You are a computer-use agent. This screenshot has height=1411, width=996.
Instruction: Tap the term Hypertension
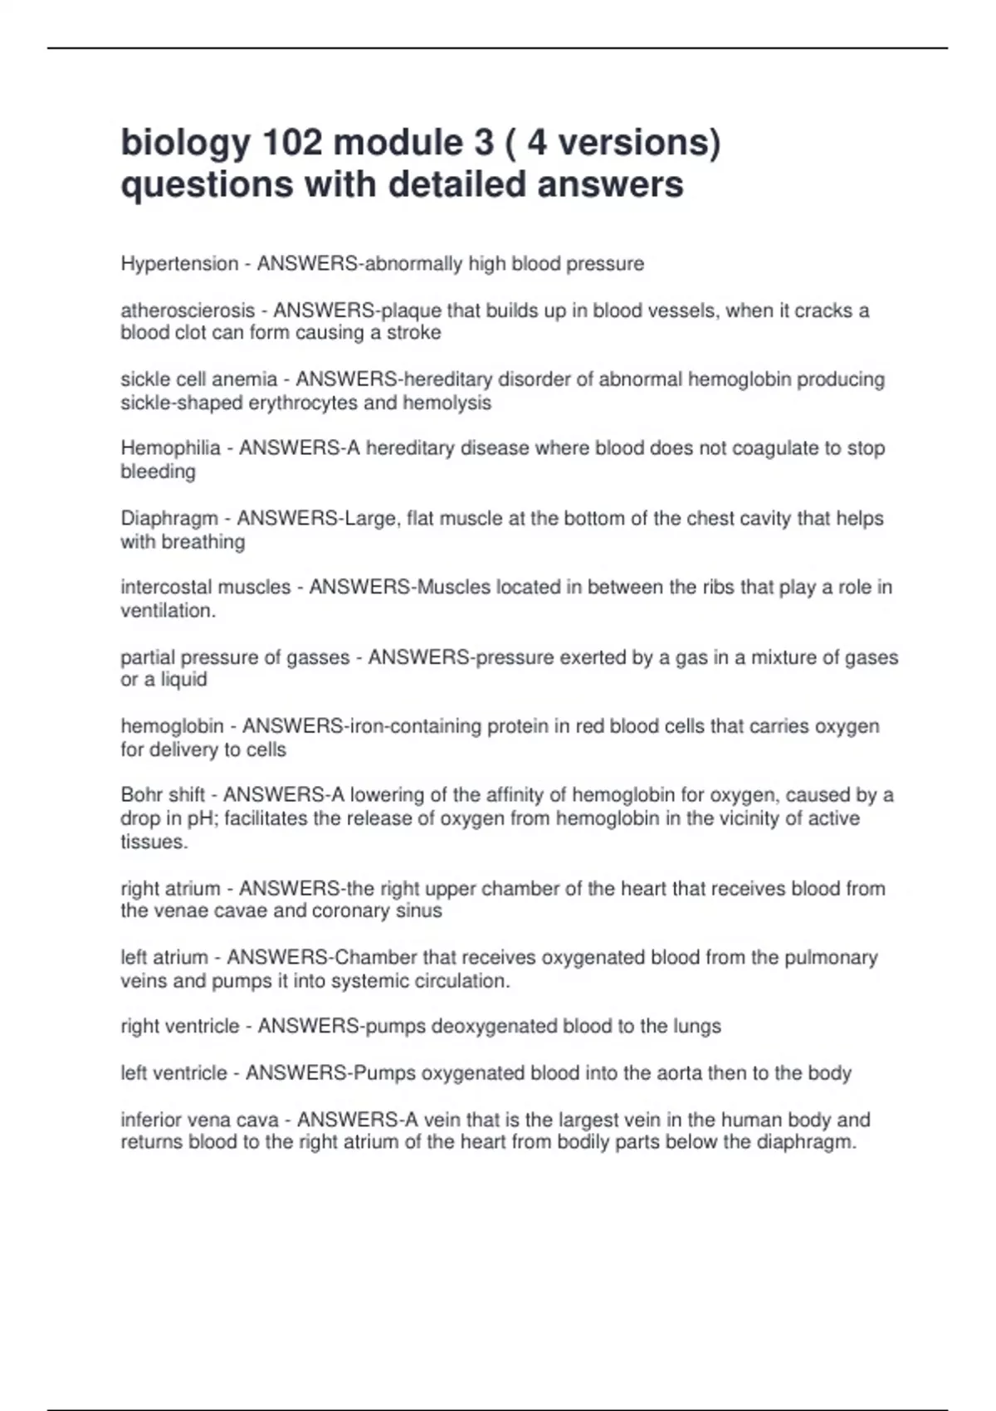tap(179, 264)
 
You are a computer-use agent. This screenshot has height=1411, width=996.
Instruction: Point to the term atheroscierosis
tap(188, 310)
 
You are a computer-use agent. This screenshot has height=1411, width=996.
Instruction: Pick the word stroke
tap(414, 333)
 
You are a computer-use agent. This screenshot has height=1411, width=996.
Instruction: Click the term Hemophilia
tap(170, 448)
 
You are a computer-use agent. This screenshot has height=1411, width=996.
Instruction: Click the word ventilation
tap(166, 611)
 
